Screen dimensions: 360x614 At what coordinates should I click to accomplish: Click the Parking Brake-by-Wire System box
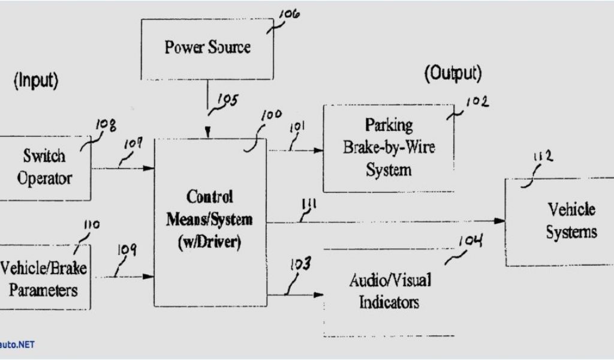pyautogui.click(x=389, y=148)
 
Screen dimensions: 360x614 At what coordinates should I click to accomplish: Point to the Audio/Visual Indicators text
pyautogui.click(x=389, y=290)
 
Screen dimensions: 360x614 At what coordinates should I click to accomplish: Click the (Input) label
pyautogui.click(x=36, y=82)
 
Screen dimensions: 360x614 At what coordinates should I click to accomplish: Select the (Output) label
pyautogui.click(x=453, y=74)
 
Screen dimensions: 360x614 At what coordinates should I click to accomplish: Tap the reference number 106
pyautogui.click(x=291, y=15)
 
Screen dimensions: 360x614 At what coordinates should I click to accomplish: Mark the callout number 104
pyautogui.click(x=471, y=242)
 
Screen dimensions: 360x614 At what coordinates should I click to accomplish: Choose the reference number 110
pyautogui.click(x=91, y=226)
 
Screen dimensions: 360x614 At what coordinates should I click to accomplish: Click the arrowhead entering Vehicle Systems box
pyautogui.click(x=501, y=221)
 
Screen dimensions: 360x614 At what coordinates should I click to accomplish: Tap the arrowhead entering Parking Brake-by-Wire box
pyautogui.click(x=319, y=151)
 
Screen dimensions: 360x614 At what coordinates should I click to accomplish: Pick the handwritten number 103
pyautogui.click(x=300, y=264)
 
